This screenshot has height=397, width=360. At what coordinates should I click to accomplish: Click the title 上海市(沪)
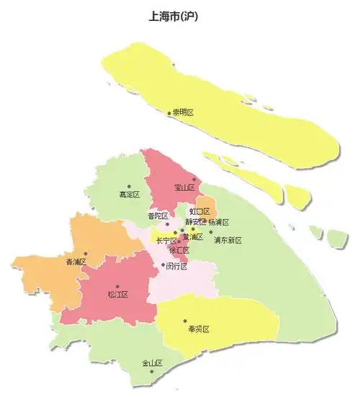[x=174, y=17]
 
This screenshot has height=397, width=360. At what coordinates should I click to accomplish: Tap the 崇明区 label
[x=184, y=113]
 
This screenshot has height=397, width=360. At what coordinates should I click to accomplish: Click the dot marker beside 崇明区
[x=170, y=113]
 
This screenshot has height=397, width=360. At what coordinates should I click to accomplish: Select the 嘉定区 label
[x=130, y=195]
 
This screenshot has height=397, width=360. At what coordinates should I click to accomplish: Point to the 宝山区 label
[x=185, y=188]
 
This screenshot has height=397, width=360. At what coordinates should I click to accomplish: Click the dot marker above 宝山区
[x=194, y=179]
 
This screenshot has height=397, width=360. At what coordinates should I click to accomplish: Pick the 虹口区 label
[x=199, y=212]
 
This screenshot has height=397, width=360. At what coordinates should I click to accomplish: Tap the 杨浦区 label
[x=218, y=223]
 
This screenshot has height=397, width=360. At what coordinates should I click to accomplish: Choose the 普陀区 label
[x=158, y=216]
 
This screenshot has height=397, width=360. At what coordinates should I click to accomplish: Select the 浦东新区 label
[x=228, y=240]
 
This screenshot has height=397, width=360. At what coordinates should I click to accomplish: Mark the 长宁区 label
[x=166, y=240]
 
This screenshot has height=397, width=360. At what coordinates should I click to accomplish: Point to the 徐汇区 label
[x=179, y=250]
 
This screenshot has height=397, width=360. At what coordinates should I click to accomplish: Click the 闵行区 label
[x=176, y=266]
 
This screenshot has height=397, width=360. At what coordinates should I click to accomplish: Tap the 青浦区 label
[x=76, y=262]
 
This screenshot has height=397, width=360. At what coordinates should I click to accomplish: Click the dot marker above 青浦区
[x=86, y=253]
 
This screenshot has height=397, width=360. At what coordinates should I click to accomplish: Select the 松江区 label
[x=117, y=295]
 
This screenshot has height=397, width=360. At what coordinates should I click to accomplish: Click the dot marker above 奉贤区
[x=185, y=321]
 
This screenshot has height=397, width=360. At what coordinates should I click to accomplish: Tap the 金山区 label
[x=152, y=363]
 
